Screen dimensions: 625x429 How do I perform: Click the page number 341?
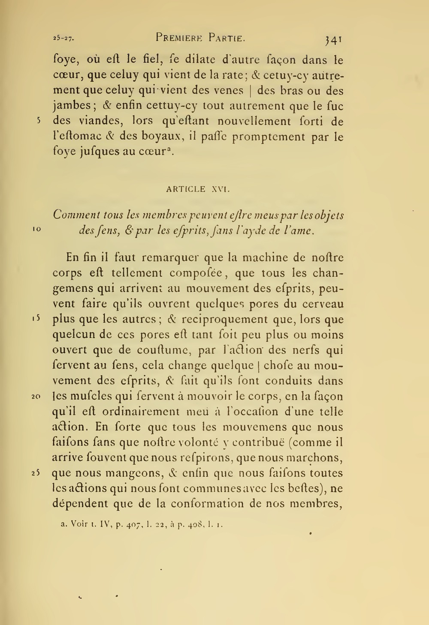pyautogui.click(x=333, y=39)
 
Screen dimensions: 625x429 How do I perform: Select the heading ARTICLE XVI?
pyautogui.click(x=198, y=188)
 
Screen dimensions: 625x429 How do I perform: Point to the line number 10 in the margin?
pyautogui.click(x=36, y=229)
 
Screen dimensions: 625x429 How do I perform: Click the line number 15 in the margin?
pyautogui.click(x=36, y=319)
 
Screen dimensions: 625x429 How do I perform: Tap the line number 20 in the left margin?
pyautogui.click(x=36, y=396)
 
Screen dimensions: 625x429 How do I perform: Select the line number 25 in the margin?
pyautogui.click(x=36, y=473)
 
